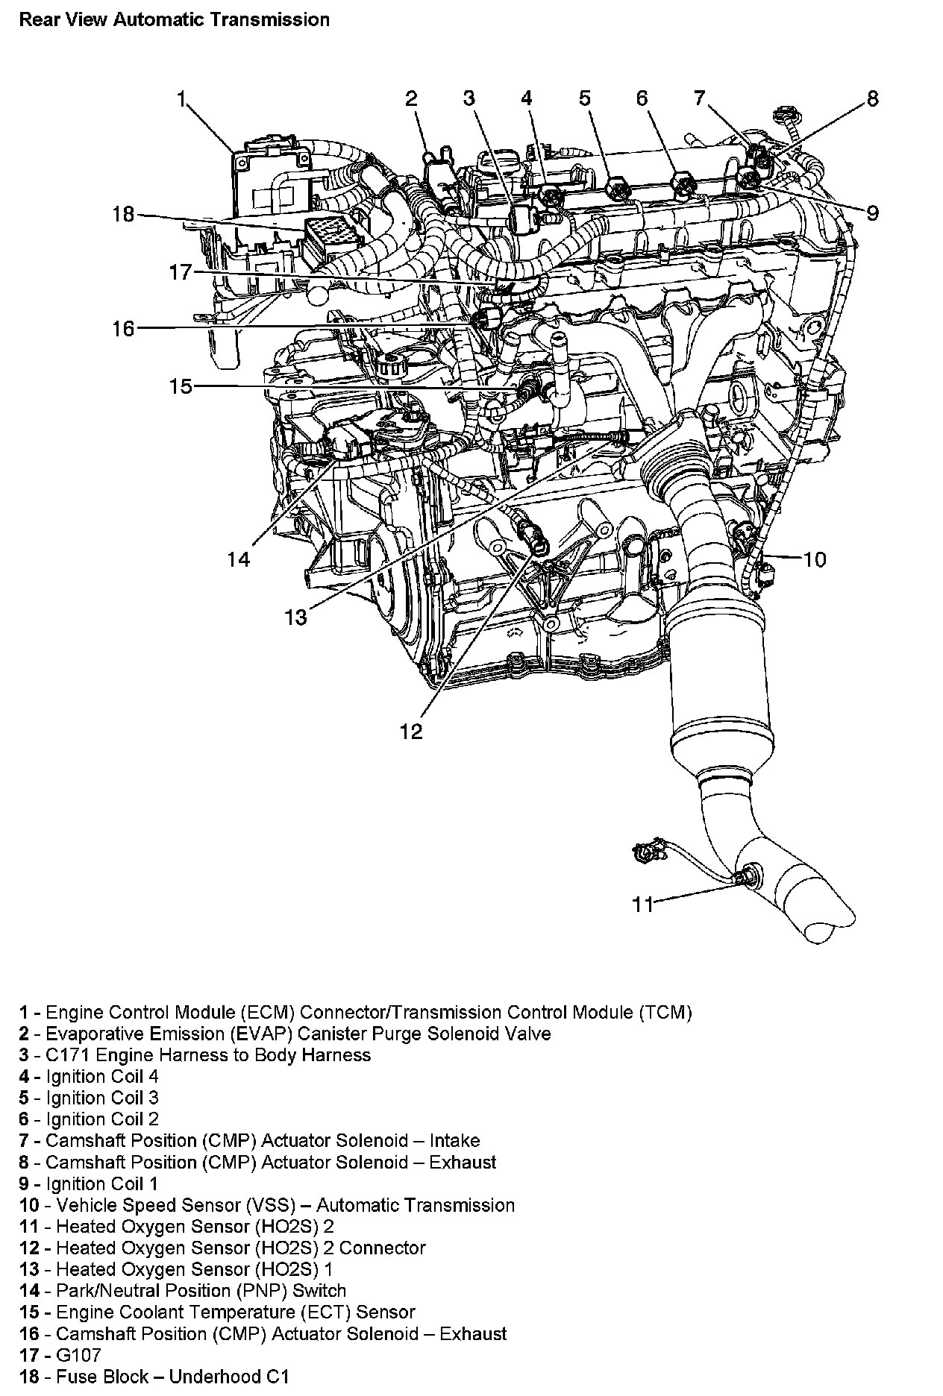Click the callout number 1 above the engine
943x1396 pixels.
(x=181, y=98)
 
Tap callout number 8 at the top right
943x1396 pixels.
(x=872, y=98)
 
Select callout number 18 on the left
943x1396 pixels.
(x=123, y=215)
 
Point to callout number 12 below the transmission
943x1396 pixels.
(x=411, y=732)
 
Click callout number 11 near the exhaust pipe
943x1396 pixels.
(x=642, y=905)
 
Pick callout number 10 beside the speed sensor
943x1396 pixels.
(x=815, y=559)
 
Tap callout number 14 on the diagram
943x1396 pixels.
(x=239, y=559)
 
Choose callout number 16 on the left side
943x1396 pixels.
(x=123, y=328)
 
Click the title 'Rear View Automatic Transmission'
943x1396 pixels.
(x=174, y=19)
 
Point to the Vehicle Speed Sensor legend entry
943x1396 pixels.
(x=267, y=1205)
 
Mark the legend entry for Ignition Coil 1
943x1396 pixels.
(x=89, y=1183)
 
